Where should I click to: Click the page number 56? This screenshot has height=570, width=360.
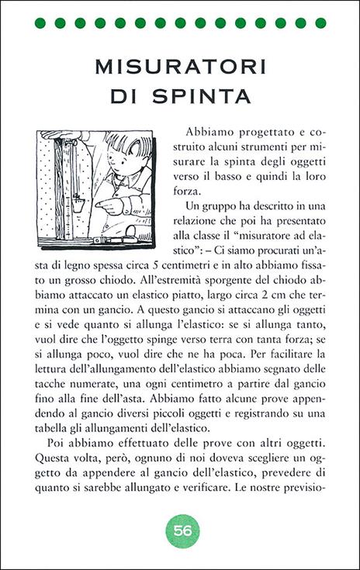[183, 531]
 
